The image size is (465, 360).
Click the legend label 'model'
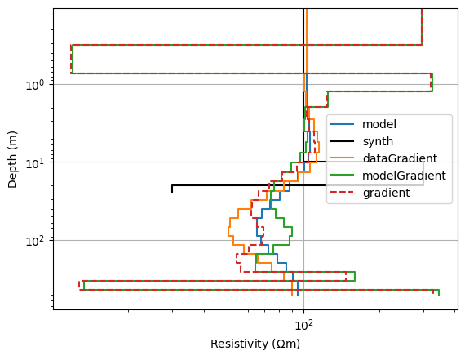pyautogui.click(x=379, y=124)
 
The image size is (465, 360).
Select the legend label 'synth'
pyautogui.click(x=378, y=141)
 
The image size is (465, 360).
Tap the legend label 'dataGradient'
pyautogui.click(x=400, y=158)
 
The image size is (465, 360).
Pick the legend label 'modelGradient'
pyautogui.click(x=404, y=176)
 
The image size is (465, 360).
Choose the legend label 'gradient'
pyautogui.click(x=386, y=193)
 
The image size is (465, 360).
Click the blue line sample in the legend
pyautogui.click(x=342, y=124)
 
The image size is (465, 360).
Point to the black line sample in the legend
pyautogui.click(x=342, y=141)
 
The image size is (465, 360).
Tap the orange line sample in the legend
pyautogui.click(x=342, y=158)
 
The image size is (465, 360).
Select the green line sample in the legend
pyautogui.click(x=342, y=176)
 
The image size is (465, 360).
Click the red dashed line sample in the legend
pyautogui.click(x=342, y=193)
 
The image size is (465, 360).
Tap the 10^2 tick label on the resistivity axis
pyautogui.click(x=304, y=325)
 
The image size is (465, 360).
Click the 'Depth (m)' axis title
pyautogui.click(x=12, y=160)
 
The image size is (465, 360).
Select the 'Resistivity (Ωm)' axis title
pyautogui.click(x=255, y=344)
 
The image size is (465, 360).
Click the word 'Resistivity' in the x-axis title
pyautogui.click(x=239, y=344)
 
